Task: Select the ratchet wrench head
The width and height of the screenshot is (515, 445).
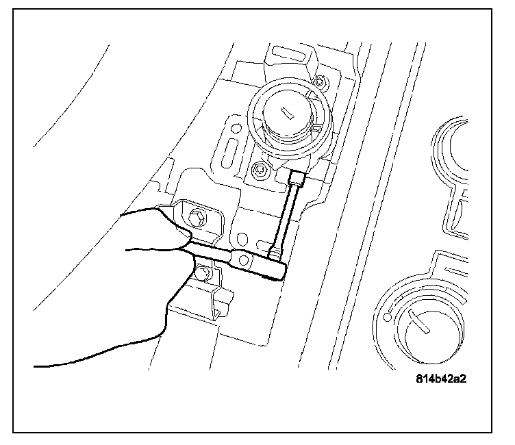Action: pyautogui.click(x=275, y=264)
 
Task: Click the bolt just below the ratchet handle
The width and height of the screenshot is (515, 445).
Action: pyautogui.click(x=201, y=275)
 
